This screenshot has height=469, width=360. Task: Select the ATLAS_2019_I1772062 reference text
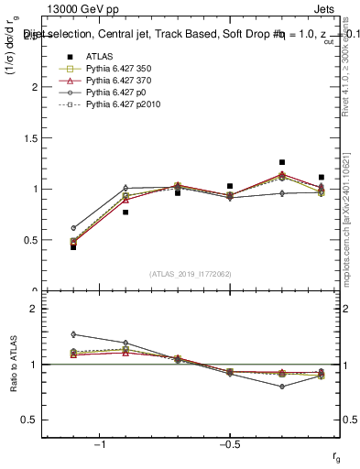tap(191, 273)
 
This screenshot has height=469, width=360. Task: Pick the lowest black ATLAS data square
tap(73, 247)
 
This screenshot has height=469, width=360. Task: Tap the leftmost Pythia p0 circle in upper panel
tap(73, 228)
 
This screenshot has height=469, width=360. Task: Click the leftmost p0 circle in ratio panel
tap(73, 334)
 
